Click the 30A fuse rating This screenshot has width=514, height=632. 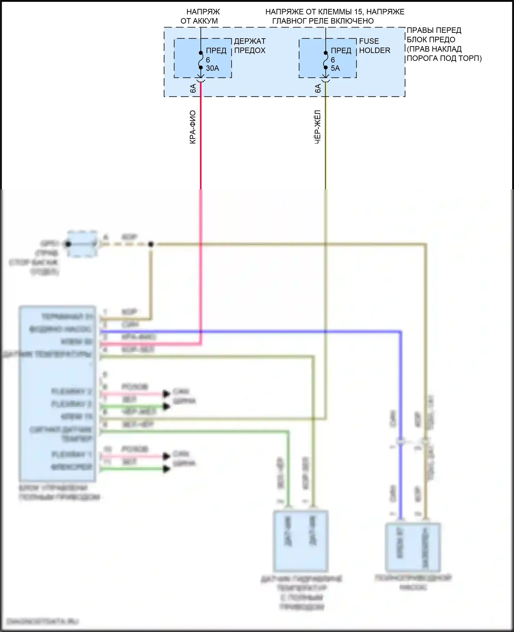coord(212,68)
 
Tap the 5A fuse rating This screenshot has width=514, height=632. coord(335,68)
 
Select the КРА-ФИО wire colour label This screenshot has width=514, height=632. coord(193,127)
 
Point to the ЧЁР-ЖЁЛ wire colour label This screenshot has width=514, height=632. coord(318,127)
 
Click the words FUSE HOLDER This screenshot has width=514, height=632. coord(374,46)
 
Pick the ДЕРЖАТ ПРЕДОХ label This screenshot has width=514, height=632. coord(249,46)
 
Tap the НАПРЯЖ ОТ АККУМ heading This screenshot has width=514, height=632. coord(200,16)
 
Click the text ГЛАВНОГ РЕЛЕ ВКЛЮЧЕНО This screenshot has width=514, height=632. coord(323,21)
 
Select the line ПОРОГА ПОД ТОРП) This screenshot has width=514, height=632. coord(444,58)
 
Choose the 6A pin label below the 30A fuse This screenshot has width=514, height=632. coord(193,88)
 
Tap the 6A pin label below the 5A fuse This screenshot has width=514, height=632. coord(318,88)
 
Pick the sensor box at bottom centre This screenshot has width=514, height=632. coord(301,541)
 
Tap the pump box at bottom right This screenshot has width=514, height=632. coord(413,547)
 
